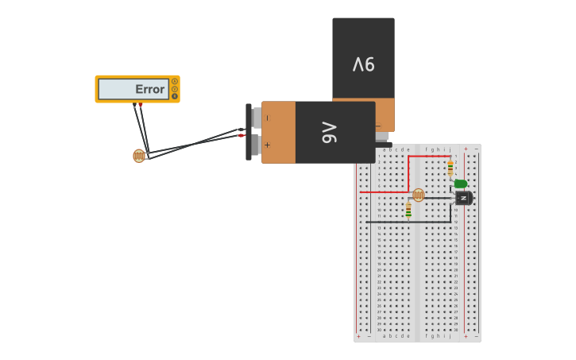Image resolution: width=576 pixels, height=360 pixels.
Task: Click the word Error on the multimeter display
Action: click(149, 90)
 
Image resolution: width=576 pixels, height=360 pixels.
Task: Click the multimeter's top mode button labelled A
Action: click(175, 81)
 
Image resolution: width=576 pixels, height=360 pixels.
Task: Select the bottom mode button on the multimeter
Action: click(175, 96)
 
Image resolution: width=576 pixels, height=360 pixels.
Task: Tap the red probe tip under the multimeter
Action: click(141, 105)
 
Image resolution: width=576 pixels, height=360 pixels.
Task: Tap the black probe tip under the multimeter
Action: click(134, 105)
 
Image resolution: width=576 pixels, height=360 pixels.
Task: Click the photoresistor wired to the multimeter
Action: click(139, 156)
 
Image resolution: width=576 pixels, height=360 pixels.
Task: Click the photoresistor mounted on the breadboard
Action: click(418, 195)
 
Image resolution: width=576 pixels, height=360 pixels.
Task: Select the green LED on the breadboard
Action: click(460, 184)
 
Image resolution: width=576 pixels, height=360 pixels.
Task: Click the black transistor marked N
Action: click(463, 198)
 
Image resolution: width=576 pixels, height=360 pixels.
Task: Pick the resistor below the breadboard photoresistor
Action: click(408, 210)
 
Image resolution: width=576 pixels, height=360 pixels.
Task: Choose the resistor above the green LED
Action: click(450, 168)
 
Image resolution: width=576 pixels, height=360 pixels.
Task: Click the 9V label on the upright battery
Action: click(363, 64)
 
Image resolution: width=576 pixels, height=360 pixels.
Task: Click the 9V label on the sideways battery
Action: click(329, 133)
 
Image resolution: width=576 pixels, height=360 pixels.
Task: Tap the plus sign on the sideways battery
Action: click(267, 145)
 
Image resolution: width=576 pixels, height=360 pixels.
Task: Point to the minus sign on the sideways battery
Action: click(267, 118)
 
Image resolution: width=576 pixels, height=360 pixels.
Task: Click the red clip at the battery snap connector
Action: click(240, 136)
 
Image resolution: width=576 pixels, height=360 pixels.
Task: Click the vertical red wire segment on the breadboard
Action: click(408, 173)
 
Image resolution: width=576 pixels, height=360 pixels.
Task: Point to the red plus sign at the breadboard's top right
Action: click(466, 149)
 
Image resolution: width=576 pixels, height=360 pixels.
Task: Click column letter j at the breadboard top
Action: click(450, 149)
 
